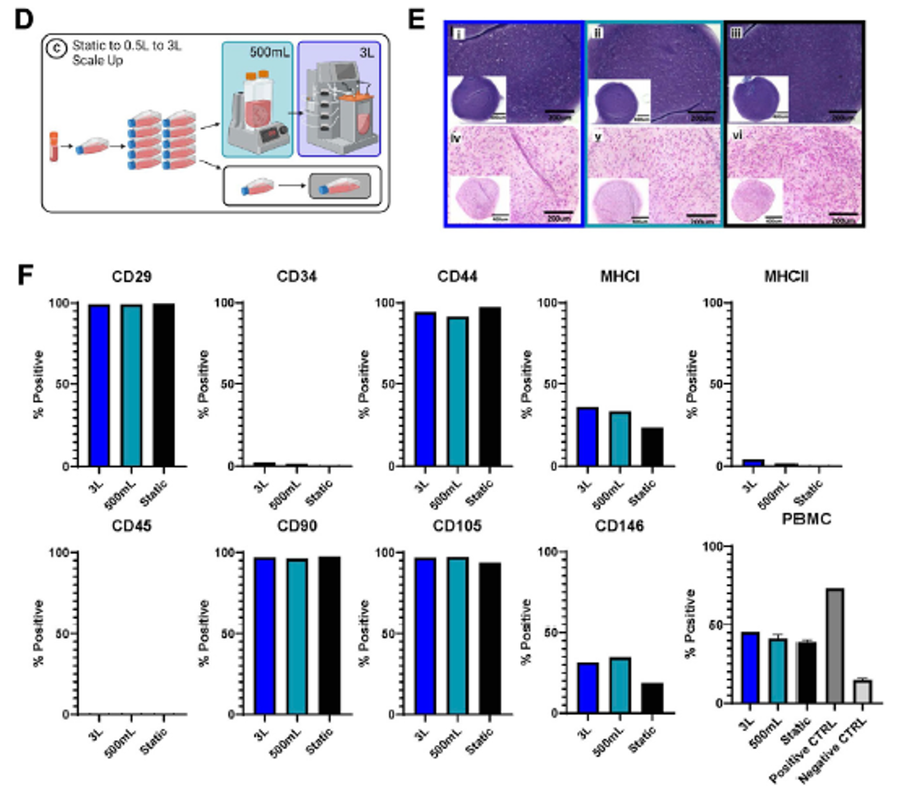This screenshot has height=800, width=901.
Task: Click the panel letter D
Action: [24, 18]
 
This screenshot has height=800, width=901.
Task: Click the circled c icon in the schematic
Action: [57, 48]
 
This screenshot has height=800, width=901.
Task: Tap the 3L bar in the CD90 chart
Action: [263, 636]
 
